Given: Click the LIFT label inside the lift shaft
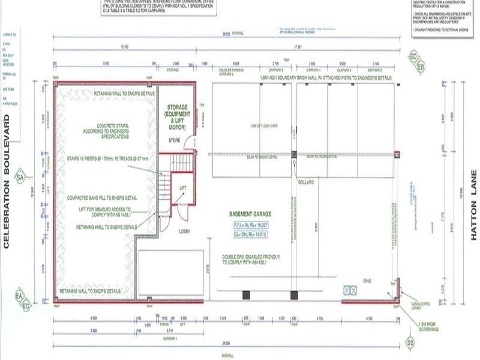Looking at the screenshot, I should pyautogui.click(x=183, y=188).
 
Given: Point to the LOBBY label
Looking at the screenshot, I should pyautogui.click(x=183, y=231).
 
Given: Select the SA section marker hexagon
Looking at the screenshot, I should pyautogui.click(x=20, y=178).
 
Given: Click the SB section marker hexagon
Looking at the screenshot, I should pyautogui.click(x=410, y=342).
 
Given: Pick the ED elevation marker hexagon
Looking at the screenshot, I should pyautogui.click(x=413, y=57).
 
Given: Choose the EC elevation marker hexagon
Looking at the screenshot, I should pyautogui.click(x=26, y=306).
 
